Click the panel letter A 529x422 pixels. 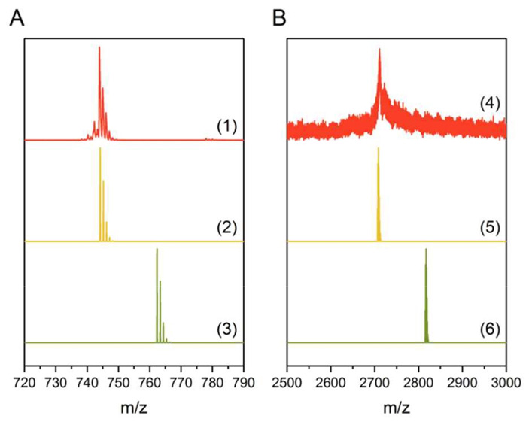[x=17, y=19]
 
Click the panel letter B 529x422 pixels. [x=279, y=19]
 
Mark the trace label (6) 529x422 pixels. [x=491, y=328]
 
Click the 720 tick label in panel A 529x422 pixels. [x=25, y=381]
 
